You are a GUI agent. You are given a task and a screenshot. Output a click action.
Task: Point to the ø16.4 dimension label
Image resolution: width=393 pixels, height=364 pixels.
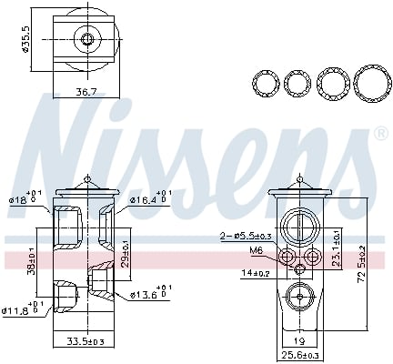coord(146,199)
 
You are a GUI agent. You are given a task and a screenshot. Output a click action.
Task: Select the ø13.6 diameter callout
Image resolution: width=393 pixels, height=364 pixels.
coord(146,295)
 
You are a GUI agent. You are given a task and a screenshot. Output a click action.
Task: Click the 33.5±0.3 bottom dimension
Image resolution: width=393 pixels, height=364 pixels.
coord(84,343)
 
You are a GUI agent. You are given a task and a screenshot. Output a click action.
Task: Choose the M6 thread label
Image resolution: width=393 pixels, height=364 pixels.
coord(256,250)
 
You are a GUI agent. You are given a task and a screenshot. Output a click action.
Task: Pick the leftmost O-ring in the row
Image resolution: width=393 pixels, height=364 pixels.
coord(265,84)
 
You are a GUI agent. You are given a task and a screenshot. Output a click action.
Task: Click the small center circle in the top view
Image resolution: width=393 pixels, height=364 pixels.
coord(87,39)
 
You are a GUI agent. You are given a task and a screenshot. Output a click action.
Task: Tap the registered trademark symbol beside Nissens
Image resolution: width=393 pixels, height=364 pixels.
coord(379,133)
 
